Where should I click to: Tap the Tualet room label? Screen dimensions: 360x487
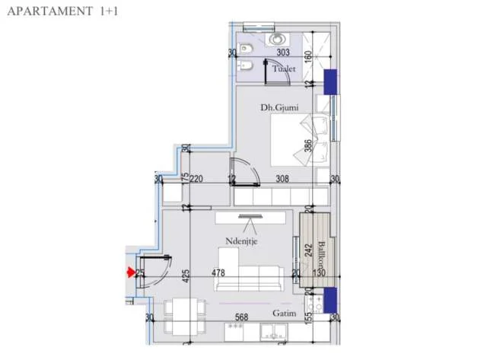285,68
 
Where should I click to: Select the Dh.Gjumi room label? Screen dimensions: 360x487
279,108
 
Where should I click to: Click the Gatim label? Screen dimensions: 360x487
285,314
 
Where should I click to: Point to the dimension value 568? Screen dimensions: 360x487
243,318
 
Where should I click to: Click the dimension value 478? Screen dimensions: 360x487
218,272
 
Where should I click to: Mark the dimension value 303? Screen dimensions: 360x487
283,53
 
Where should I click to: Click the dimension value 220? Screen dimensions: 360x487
196,180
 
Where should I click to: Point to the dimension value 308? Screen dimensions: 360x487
282,180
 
